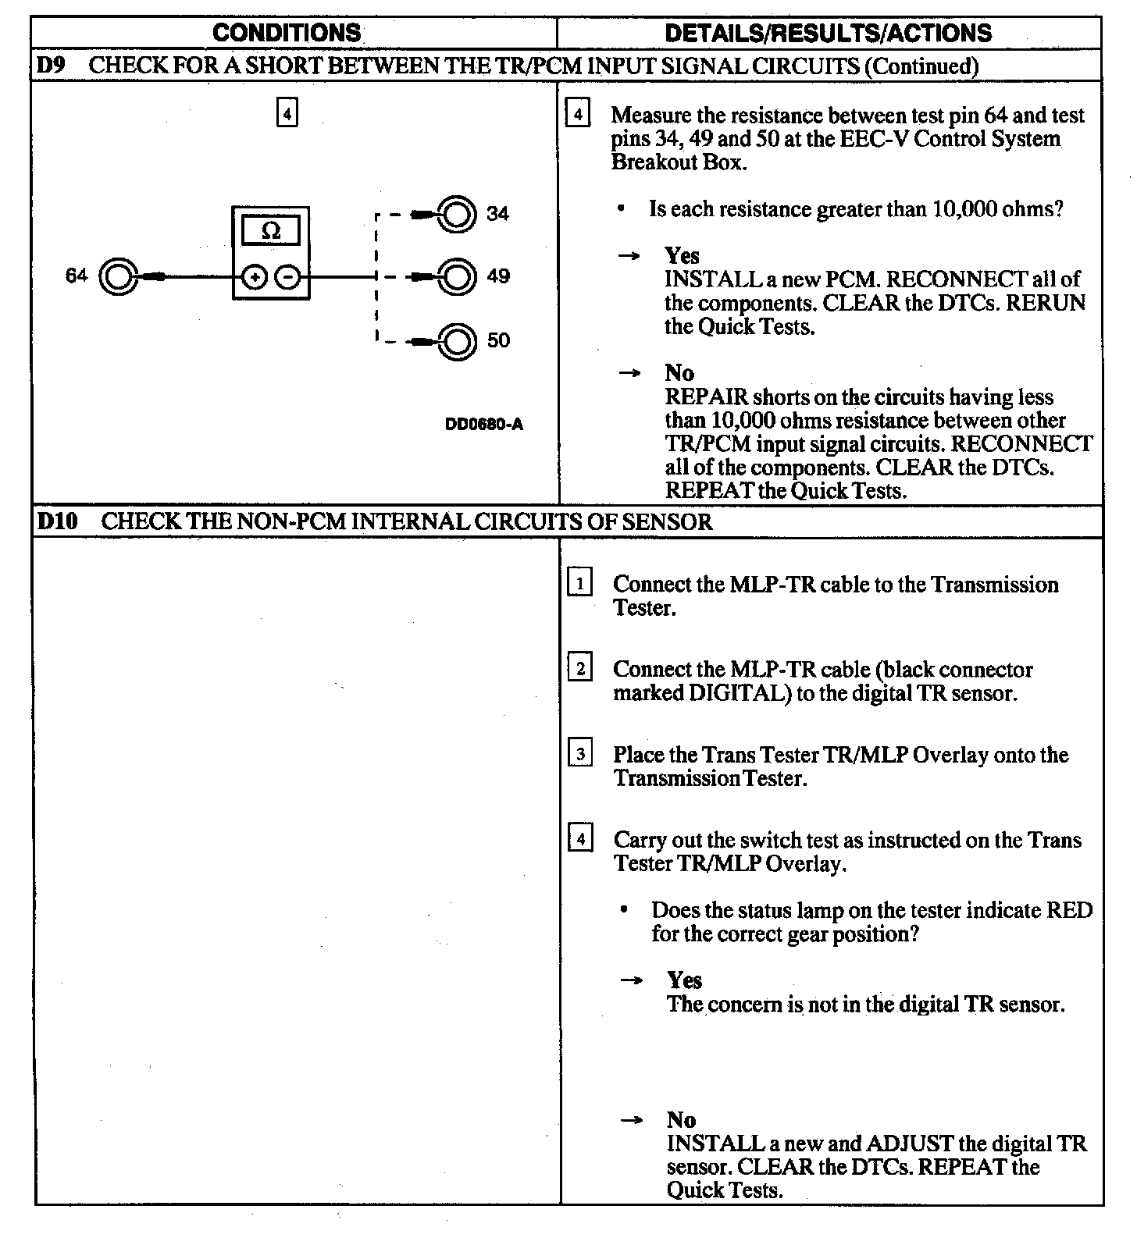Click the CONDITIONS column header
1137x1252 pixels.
[287, 33]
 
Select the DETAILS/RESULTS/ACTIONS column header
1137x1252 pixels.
[828, 33]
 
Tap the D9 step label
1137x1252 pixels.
[52, 66]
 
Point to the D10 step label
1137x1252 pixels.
[57, 521]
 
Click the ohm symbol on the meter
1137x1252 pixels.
[271, 231]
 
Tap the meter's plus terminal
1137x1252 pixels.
[254, 276]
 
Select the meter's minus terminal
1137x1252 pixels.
[289, 276]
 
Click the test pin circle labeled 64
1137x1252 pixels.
[118, 276]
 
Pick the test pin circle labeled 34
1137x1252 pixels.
[458, 214]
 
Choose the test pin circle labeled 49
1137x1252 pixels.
[458, 276]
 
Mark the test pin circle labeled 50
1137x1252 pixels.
[458, 341]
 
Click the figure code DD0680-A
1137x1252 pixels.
[483, 425]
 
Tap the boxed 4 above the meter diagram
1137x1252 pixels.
[287, 114]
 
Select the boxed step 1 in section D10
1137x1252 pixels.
[579, 583]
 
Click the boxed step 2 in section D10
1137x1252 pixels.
[579, 668]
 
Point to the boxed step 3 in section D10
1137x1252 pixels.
[579, 753]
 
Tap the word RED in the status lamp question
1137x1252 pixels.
[1069, 910]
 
